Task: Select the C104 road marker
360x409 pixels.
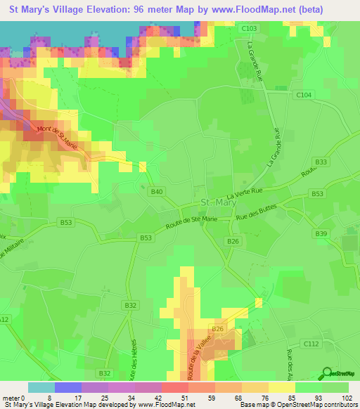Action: point(303,94)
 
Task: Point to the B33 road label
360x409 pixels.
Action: point(321,162)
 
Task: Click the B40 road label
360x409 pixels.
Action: point(157,192)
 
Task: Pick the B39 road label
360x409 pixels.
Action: point(321,233)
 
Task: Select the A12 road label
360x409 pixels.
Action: point(4,319)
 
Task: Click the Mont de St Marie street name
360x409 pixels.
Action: point(58,136)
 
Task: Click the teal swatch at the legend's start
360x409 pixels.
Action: point(41,387)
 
